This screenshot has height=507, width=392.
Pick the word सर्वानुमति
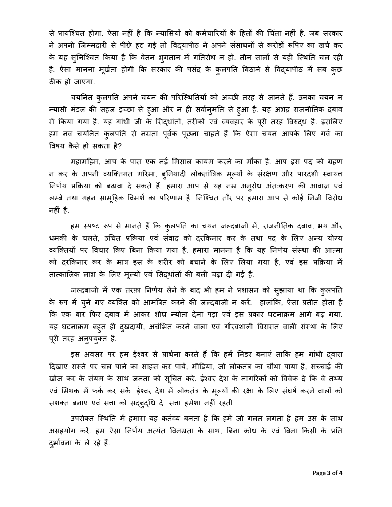[212, 110]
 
